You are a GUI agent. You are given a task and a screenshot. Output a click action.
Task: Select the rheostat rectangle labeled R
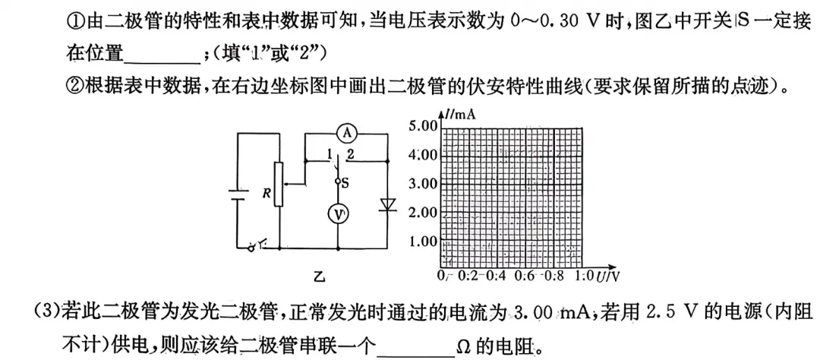point(279,185)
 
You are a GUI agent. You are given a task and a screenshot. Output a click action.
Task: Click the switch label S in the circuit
point(345,182)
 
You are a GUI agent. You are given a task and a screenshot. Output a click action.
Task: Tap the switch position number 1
point(329,155)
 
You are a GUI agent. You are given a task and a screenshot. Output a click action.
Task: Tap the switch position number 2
point(350,155)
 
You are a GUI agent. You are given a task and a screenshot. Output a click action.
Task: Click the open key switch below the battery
point(259,245)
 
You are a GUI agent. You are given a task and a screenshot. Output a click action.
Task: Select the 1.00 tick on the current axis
point(424,242)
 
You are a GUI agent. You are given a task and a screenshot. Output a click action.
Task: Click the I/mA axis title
point(460,115)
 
